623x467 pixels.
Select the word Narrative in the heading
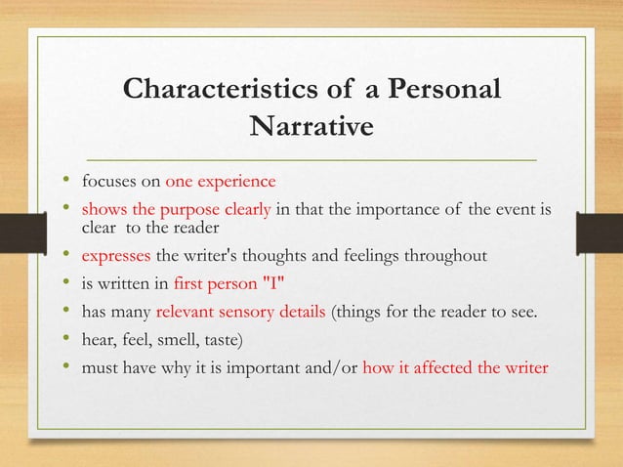pos(311,127)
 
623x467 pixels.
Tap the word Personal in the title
pos(445,91)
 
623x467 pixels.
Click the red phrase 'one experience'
pos(221,182)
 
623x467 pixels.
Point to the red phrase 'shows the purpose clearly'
pos(177,208)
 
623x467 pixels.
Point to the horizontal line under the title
pos(311,157)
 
